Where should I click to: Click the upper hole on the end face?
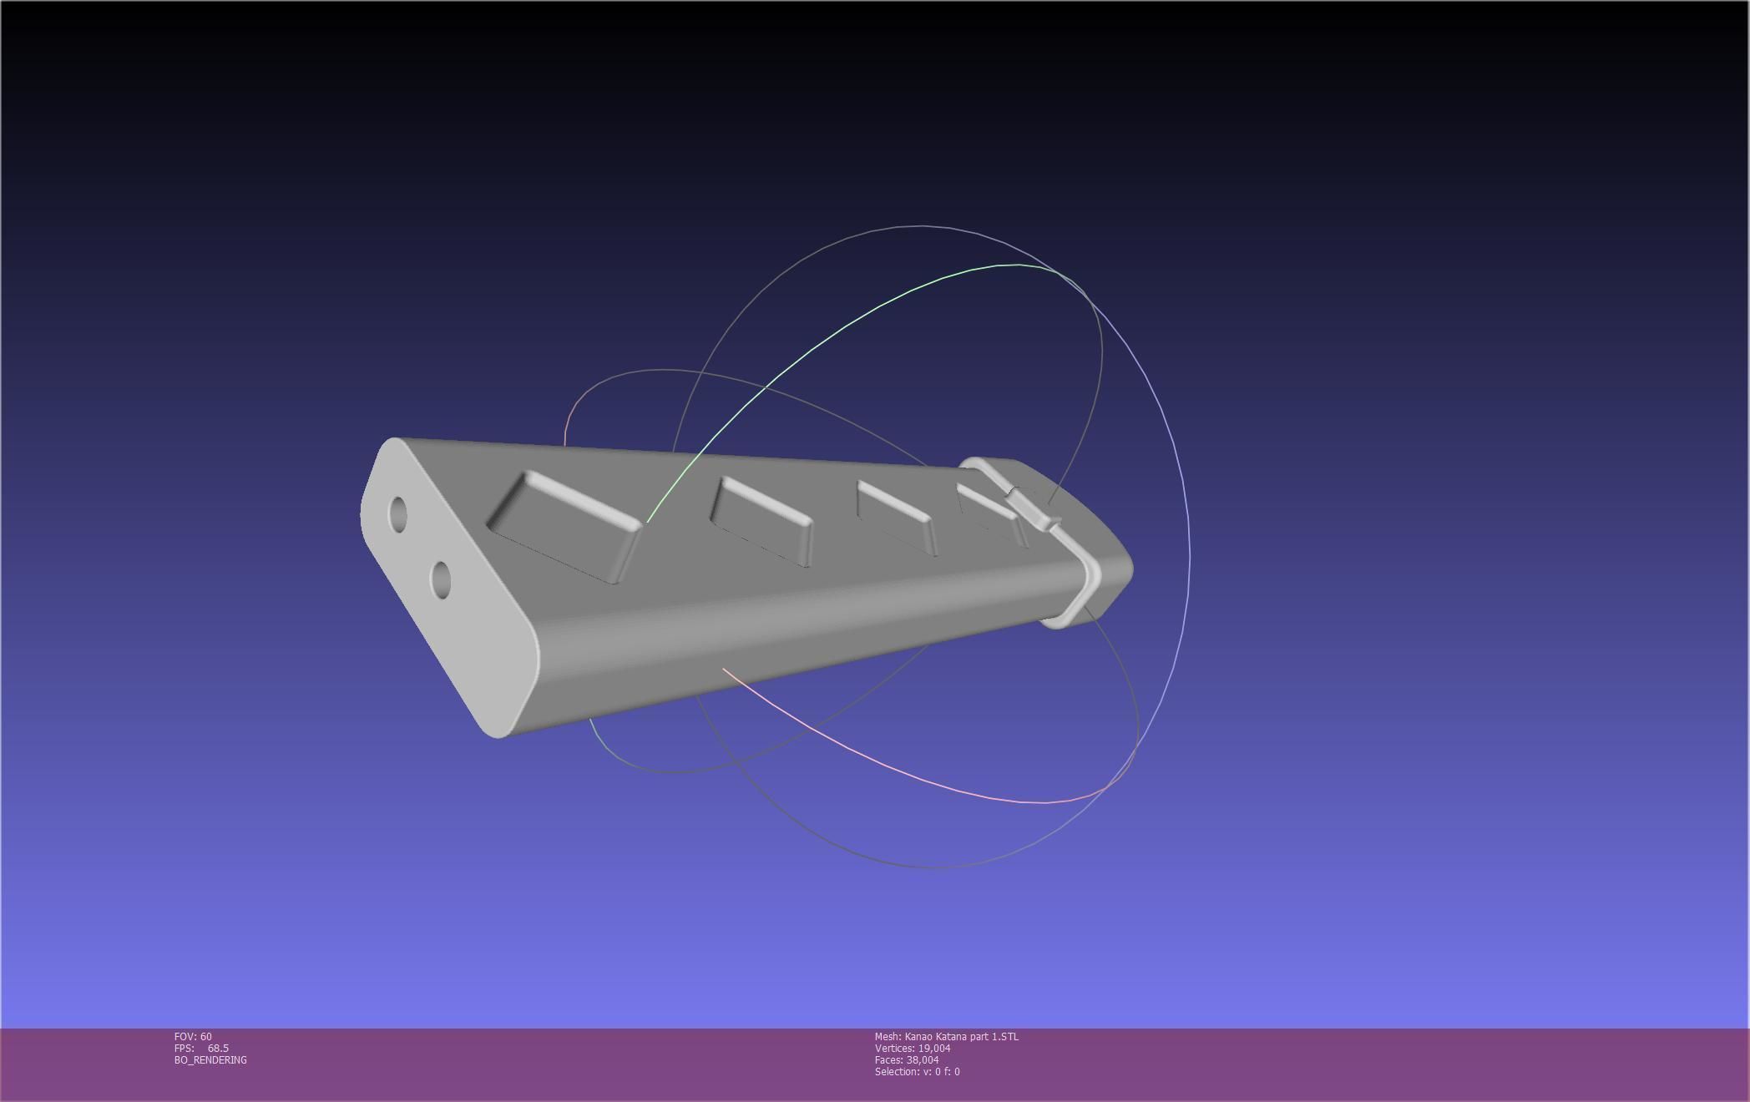(398, 514)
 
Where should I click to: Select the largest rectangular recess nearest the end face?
(564, 527)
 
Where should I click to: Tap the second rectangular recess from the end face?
(761, 522)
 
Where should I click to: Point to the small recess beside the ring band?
(988, 508)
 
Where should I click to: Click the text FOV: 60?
(193, 1037)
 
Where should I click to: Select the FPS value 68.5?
(218, 1049)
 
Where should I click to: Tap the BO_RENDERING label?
(210, 1060)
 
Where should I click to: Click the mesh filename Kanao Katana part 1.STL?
(961, 1037)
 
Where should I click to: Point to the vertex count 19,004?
(934, 1049)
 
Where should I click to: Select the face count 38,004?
(923, 1060)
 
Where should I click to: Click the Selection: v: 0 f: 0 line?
(917, 1072)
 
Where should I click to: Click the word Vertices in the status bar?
(894, 1049)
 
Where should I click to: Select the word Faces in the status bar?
(888, 1060)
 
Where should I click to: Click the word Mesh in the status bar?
(888, 1037)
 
